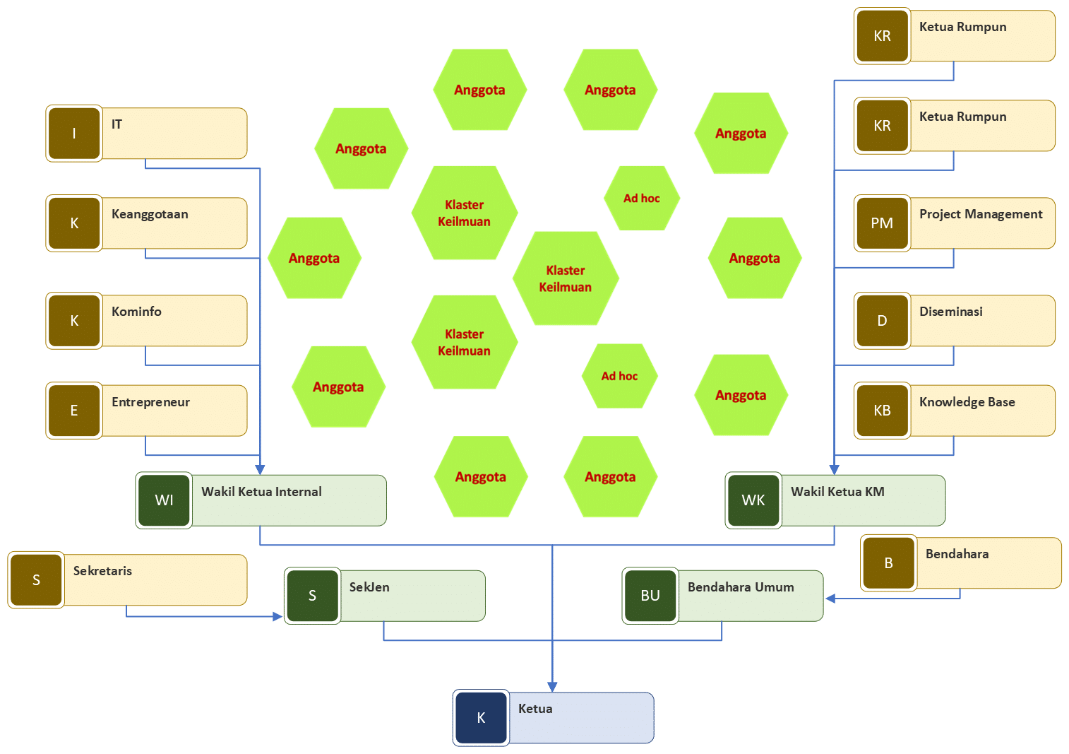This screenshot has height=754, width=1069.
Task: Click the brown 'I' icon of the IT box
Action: click(x=74, y=134)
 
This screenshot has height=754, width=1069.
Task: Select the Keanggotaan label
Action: click(x=150, y=214)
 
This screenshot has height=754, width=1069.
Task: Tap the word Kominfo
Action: click(x=136, y=312)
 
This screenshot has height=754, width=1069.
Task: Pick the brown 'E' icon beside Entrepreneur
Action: click(x=74, y=411)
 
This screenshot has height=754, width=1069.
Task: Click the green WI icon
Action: click(x=164, y=500)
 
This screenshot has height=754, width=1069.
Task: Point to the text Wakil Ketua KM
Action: click(x=837, y=492)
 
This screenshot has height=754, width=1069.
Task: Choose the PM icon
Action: click(x=882, y=223)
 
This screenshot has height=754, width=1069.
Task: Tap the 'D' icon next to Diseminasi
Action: click(x=882, y=321)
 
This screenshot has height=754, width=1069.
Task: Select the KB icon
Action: click(x=882, y=411)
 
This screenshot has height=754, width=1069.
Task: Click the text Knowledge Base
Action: click(x=967, y=402)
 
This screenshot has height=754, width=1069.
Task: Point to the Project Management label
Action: click(x=981, y=214)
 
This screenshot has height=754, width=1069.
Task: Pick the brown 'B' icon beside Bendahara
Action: click(x=888, y=563)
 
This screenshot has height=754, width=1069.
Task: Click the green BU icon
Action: click(x=650, y=596)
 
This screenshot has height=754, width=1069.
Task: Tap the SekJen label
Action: click(x=369, y=587)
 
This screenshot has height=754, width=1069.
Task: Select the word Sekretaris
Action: click(x=102, y=571)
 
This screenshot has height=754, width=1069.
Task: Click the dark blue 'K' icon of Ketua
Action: click(x=481, y=718)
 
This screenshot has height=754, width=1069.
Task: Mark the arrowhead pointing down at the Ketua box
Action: click(x=552, y=686)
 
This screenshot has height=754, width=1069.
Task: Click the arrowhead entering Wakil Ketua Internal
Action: click(x=261, y=469)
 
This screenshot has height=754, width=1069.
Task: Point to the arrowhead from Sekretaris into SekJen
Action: click(x=278, y=616)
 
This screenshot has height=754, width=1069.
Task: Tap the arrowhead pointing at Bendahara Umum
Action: click(x=831, y=599)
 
